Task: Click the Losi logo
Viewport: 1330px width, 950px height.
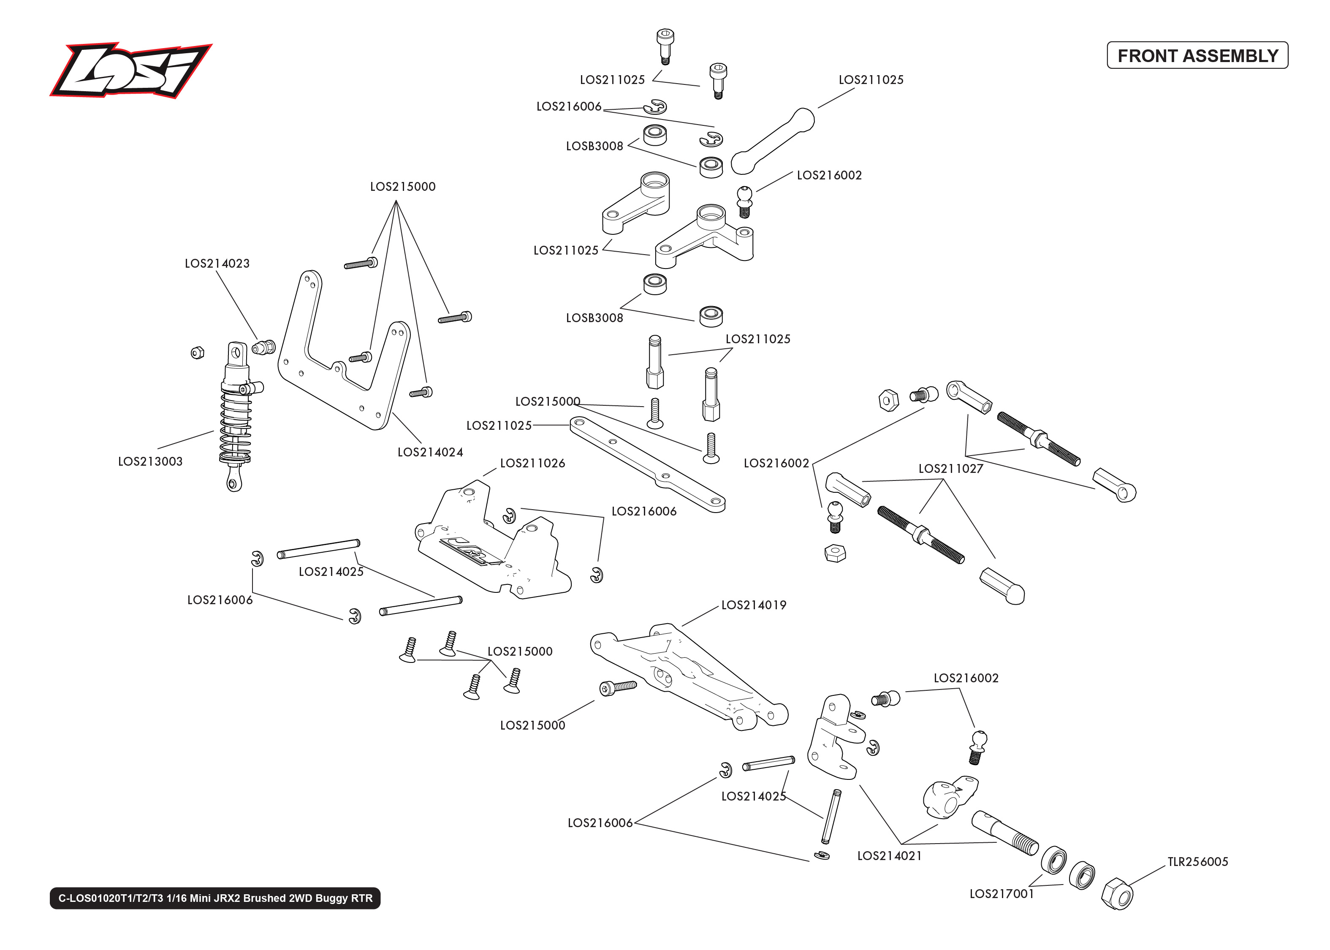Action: (x=130, y=70)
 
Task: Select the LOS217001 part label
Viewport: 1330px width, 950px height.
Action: (x=1002, y=894)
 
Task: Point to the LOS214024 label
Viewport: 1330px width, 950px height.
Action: (x=430, y=452)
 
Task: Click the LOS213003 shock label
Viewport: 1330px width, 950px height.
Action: (x=150, y=461)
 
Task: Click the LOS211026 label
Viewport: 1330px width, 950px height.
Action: (x=532, y=463)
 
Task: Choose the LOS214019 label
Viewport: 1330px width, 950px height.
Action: (x=753, y=605)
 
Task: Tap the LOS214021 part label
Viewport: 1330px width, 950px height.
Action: (x=889, y=856)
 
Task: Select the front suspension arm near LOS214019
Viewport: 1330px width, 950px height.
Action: (x=690, y=679)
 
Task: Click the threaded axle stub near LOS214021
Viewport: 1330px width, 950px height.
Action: (x=1005, y=833)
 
